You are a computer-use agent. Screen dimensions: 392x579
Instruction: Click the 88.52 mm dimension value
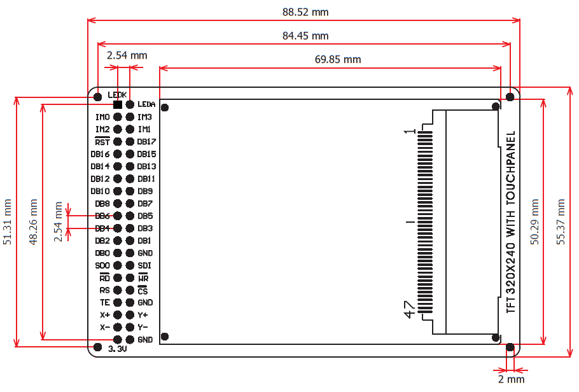click(x=305, y=12)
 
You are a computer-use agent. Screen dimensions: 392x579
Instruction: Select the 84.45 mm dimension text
click(x=305, y=36)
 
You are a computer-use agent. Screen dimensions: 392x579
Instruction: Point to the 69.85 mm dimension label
click(x=338, y=59)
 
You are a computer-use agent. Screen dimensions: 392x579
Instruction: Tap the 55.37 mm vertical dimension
click(x=561, y=222)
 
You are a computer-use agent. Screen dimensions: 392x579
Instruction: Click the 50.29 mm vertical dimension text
click(x=534, y=221)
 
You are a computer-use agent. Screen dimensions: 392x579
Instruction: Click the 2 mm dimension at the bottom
click(x=511, y=379)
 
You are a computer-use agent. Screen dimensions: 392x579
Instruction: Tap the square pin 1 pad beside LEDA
click(x=118, y=104)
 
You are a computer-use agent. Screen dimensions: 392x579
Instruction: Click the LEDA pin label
click(x=146, y=104)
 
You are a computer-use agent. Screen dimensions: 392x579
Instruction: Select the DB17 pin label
click(x=147, y=141)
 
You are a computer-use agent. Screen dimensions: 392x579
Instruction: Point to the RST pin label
click(x=102, y=141)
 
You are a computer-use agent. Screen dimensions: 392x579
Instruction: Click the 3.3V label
click(x=117, y=349)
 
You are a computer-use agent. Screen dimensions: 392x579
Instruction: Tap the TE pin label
click(x=105, y=302)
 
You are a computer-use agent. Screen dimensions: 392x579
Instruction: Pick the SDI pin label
click(x=144, y=265)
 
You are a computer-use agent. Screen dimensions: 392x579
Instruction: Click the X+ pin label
click(x=105, y=315)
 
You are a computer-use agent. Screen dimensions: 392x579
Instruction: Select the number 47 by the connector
click(x=410, y=310)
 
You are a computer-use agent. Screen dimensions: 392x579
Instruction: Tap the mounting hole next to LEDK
click(x=97, y=97)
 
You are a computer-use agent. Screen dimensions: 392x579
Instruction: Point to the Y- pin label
click(x=143, y=327)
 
